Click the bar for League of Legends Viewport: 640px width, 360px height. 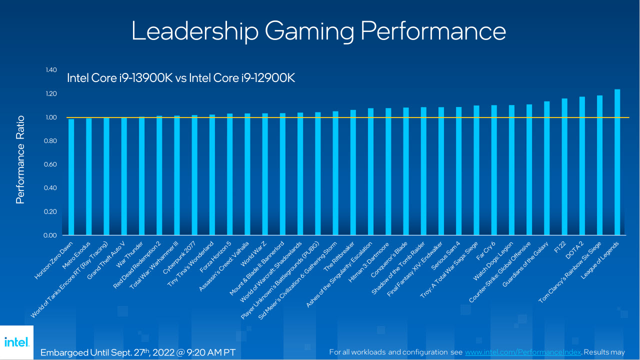point(617,162)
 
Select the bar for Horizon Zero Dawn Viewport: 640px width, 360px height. point(71,177)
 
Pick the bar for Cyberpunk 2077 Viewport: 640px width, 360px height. point(194,175)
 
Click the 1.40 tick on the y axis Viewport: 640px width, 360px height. point(51,70)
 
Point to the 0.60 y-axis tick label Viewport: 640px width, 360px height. point(51,164)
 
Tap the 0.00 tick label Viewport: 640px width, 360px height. point(51,235)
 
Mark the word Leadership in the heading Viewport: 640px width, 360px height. point(195,31)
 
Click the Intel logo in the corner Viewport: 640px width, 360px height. point(16,342)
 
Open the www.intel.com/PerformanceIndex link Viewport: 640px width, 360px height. point(523,352)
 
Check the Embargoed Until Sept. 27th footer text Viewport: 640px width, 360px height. point(137,351)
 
